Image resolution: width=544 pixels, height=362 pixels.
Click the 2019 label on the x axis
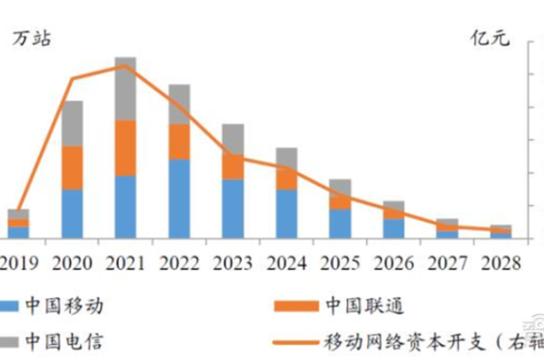pos(20,262)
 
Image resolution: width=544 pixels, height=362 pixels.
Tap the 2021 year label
pos(125,262)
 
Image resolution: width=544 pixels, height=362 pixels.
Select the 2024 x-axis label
pos(287,262)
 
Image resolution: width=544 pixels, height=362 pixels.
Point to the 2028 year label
pos(500,262)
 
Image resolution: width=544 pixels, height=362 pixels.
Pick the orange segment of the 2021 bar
pos(125,148)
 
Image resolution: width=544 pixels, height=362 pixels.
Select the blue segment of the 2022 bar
pos(180,198)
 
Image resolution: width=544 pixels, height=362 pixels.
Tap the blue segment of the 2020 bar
pos(73,214)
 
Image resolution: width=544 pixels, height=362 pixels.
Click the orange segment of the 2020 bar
pos(73,167)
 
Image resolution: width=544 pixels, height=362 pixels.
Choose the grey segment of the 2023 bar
pos(233,138)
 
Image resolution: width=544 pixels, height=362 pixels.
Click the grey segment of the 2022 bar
pos(180,104)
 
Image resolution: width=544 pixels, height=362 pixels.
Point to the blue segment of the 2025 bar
pos(340,223)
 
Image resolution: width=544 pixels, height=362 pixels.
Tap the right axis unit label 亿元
pos(491,38)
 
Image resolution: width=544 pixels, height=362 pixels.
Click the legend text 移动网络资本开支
pos(417,341)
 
